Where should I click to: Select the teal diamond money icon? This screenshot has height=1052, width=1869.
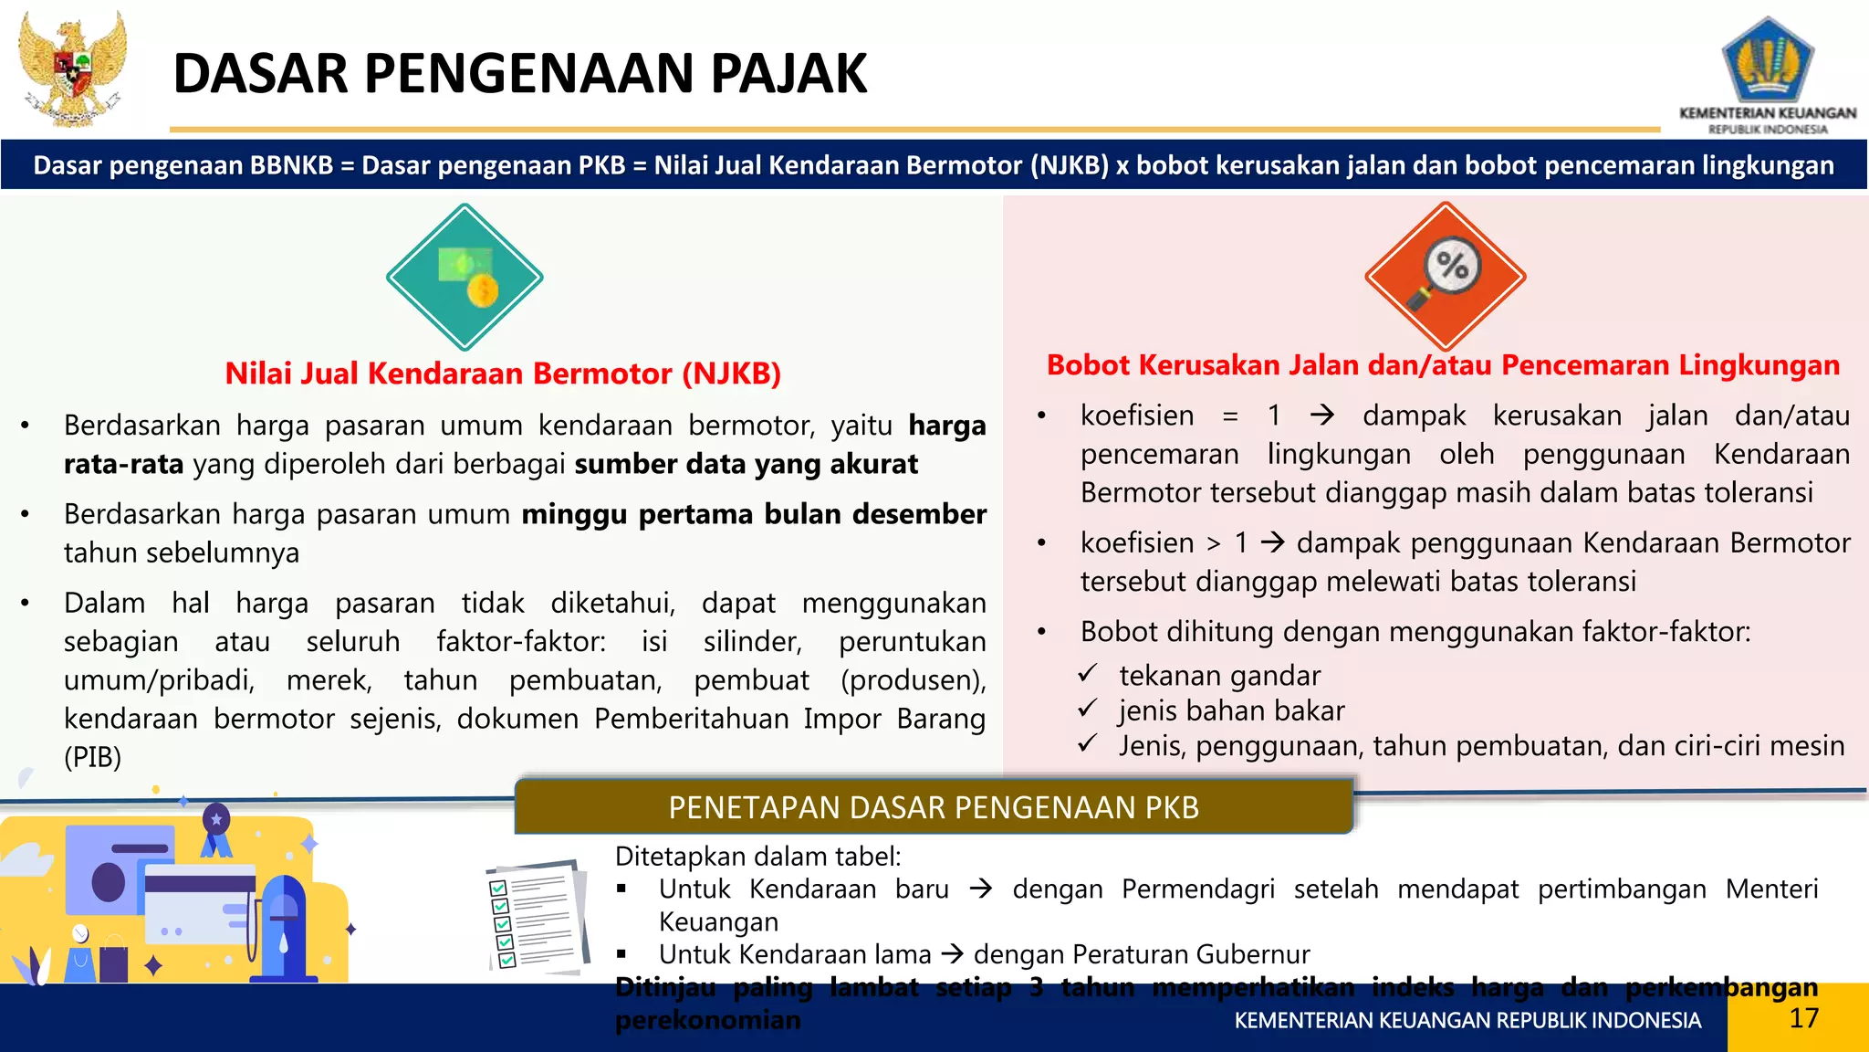465,277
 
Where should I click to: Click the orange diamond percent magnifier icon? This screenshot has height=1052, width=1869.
1445,276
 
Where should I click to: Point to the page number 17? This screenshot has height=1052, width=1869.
1803,1018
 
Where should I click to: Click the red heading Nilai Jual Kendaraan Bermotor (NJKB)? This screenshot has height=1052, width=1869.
503,373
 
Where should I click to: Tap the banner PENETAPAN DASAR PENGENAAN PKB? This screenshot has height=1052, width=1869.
934,807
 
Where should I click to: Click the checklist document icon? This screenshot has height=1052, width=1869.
537,915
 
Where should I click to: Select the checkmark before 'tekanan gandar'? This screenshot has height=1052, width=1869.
1087,674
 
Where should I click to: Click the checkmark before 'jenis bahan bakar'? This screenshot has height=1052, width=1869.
1087,709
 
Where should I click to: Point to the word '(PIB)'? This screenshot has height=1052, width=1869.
92,757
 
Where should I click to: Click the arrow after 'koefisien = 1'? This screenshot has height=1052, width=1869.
1321,416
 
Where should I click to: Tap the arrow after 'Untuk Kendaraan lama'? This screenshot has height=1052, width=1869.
953,954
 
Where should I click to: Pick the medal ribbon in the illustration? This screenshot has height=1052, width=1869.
216,829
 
